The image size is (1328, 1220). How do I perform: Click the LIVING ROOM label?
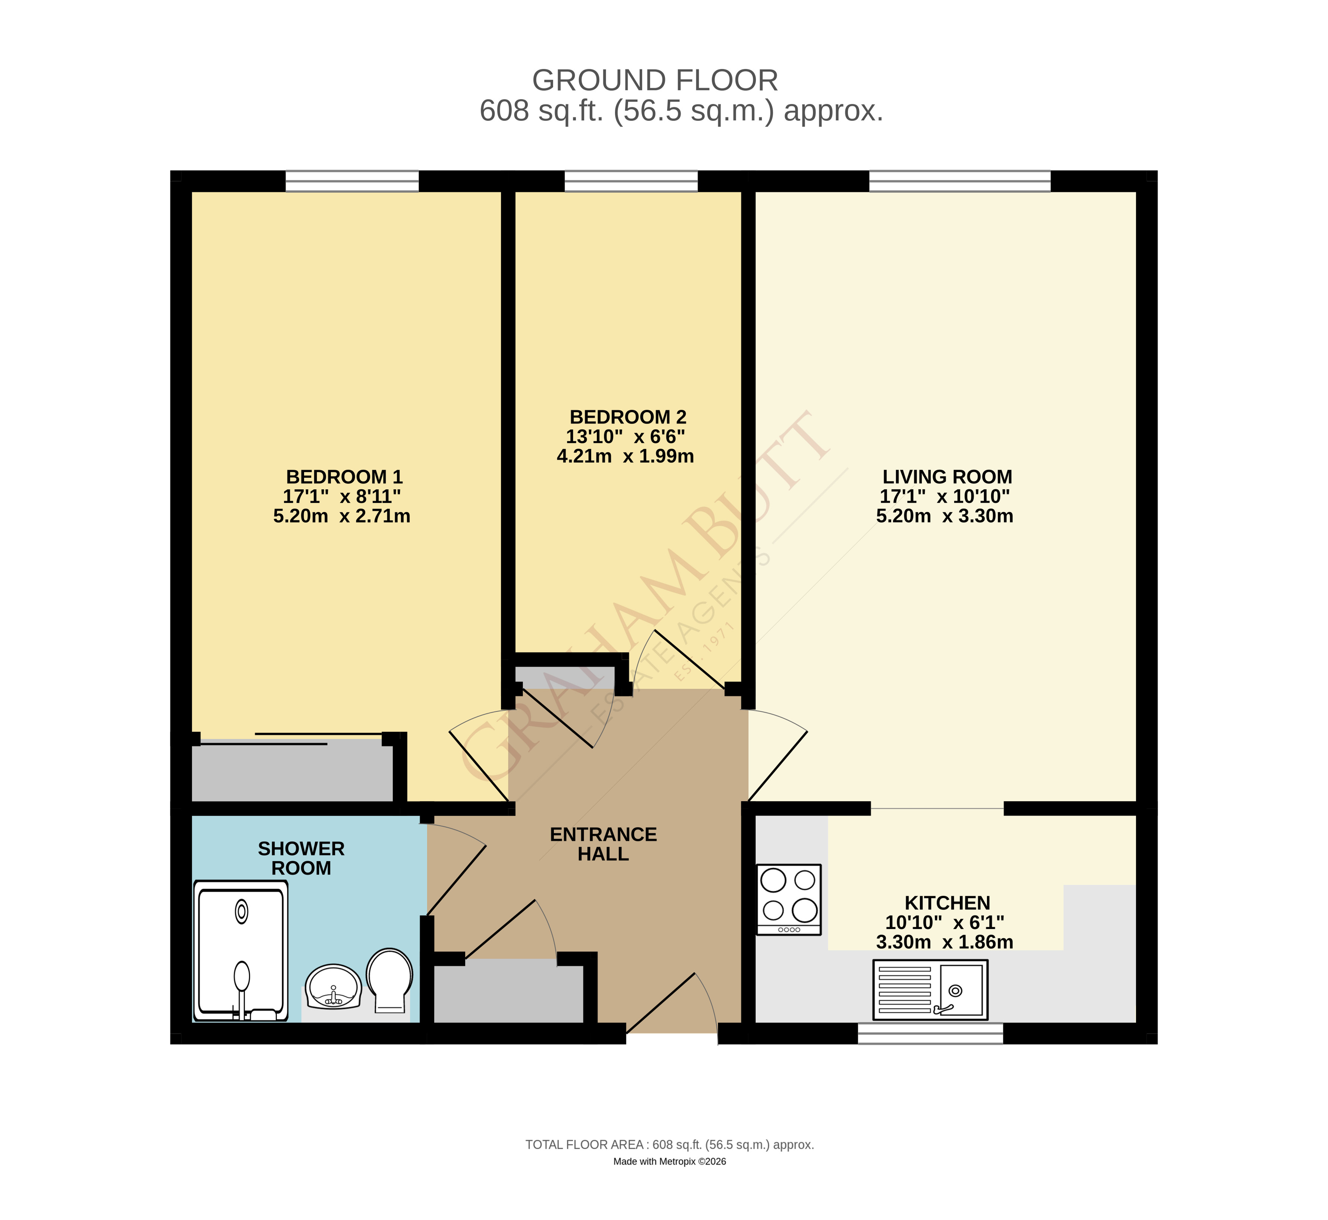(947, 477)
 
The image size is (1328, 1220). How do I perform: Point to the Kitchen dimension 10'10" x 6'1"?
(944, 922)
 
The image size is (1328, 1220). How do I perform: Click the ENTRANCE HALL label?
(603, 844)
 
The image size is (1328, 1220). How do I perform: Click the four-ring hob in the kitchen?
(788, 899)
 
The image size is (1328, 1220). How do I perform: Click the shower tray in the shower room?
(241, 951)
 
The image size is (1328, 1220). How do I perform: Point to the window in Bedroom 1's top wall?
(352, 180)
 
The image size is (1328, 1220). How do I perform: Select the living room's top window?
(959, 180)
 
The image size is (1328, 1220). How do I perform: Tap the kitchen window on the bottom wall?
(930, 1033)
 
